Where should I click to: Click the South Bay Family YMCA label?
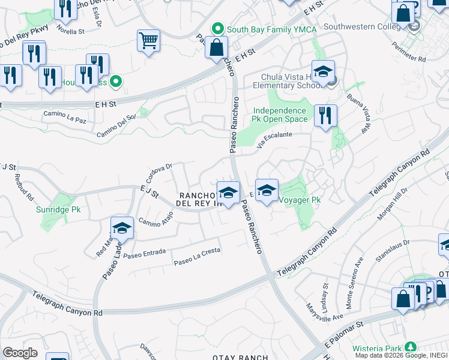[x=262, y=28]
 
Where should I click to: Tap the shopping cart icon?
[x=148, y=41]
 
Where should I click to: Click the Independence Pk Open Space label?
[x=279, y=115]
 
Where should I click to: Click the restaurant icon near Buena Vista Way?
[x=325, y=115]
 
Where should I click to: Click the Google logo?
[x=20, y=353]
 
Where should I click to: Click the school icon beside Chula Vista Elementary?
[x=323, y=73]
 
